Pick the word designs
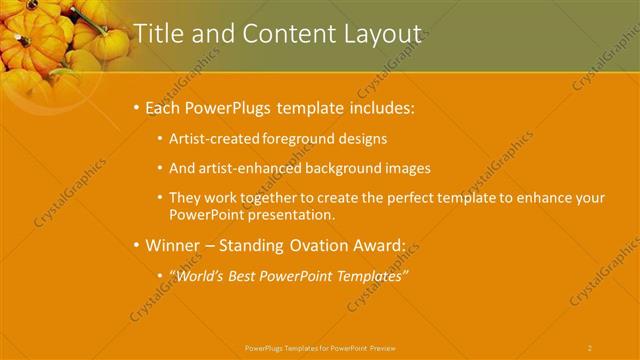click(362, 139)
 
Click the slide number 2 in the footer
click(590, 348)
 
